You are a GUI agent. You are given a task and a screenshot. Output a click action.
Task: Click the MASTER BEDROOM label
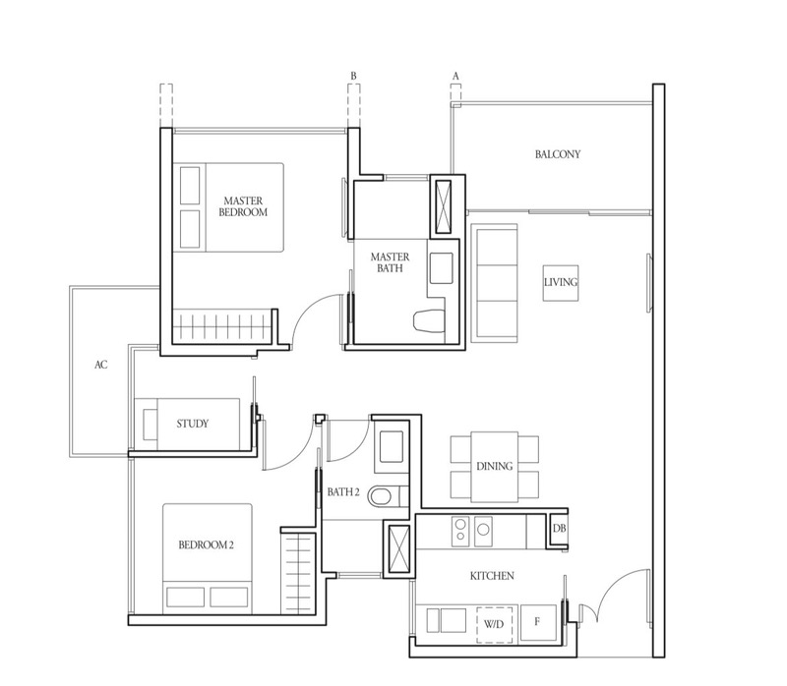246,205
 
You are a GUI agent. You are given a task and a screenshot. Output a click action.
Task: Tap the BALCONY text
558,154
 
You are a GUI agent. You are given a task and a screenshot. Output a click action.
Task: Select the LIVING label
560,283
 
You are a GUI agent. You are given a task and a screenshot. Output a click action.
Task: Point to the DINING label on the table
495,467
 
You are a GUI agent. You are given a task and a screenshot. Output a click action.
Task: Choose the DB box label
559,530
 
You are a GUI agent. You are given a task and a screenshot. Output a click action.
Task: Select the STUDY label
192,425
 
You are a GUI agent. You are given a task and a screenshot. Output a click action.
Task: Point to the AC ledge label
100,365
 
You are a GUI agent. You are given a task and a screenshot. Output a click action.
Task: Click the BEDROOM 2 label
206,544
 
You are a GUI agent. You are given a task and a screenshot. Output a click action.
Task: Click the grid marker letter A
455,74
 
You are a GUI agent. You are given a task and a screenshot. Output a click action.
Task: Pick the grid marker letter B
353,74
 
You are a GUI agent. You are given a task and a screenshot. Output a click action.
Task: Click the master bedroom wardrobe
221,323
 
